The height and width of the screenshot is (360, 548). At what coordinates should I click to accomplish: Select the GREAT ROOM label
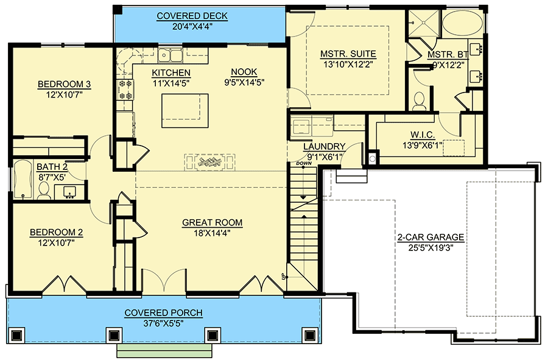coord(212,223)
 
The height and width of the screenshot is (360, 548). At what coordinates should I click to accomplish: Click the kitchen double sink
coord(170,56)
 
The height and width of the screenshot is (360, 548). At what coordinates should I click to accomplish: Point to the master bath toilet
coord(419,101)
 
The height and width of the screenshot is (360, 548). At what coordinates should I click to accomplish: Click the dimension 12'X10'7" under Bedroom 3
coord(60,94)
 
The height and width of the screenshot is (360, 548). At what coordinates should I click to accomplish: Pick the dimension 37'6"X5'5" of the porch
coord(163,323)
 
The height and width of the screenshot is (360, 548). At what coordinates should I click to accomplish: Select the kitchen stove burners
coord(125,88)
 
